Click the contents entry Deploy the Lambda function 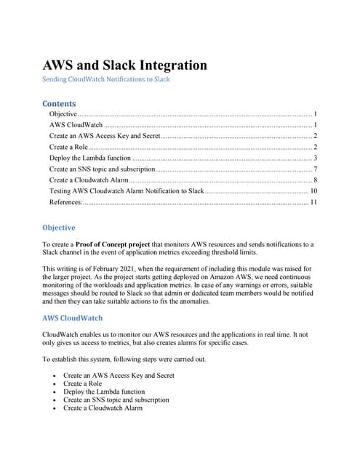click(x=90, y=158)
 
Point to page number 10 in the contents click(x=313, y=190)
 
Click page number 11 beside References click(x=313, y=201)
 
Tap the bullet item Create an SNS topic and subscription click(x=116, y=400)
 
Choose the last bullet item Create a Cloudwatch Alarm click(x=103, y=408)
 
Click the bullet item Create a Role click(x=84, y=383)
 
